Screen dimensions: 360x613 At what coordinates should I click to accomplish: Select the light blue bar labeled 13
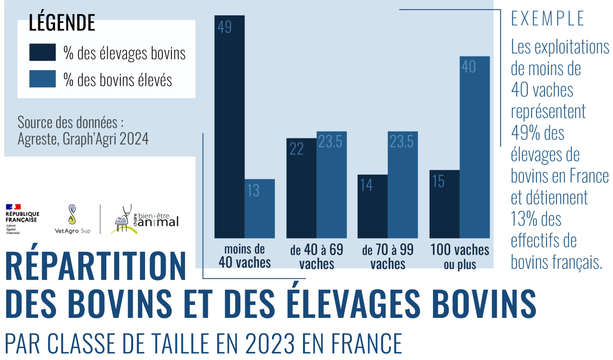260,209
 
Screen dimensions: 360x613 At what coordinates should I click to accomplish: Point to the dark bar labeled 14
373,206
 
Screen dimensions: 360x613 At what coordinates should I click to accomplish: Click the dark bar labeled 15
444,204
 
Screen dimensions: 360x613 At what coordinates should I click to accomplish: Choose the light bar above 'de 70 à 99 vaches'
403,185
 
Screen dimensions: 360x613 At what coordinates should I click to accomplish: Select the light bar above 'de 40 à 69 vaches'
331,185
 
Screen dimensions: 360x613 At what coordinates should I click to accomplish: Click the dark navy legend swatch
42,53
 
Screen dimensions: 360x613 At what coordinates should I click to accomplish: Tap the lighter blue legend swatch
42,79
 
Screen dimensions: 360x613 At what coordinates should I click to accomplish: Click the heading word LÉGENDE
62,23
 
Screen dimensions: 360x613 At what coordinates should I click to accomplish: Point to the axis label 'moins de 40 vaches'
245,256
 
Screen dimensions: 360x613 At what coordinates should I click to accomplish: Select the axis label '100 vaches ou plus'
460,256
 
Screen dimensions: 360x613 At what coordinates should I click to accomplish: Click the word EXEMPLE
548,19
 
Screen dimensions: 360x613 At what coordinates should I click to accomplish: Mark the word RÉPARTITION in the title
96,267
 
